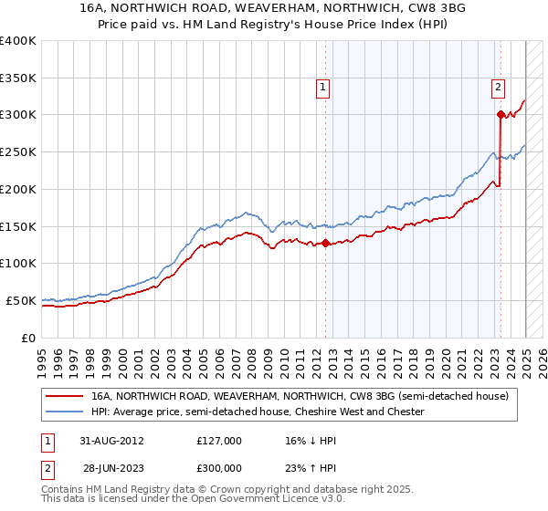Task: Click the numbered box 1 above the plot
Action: coord(323,88)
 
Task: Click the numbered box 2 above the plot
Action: coord(498,88)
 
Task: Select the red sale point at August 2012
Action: coord(326,243)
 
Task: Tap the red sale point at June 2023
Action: coord(501,114)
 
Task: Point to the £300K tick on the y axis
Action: coord(18,115)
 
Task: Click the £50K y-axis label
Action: coord(21,300)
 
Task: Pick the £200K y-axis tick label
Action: coord(18,189)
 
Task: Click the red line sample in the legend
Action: coord(66,396)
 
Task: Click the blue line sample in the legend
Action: coord(66,412)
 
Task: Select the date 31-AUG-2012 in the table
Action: coord(111,440)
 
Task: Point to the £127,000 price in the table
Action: coord(219,440)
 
